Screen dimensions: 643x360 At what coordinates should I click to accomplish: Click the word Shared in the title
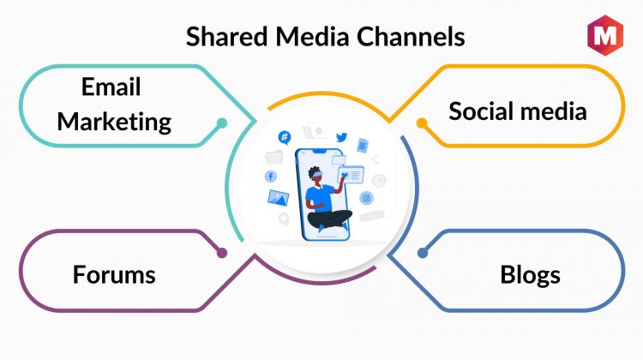pyautogui.click(x=227, y=36)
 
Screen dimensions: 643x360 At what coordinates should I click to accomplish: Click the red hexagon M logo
pyautogui.click(x=605, y=35)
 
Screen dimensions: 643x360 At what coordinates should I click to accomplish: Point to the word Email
pyautogui.click(x=111, y=87)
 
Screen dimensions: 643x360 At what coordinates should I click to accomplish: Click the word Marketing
pyautogui.click(x=114, y=123)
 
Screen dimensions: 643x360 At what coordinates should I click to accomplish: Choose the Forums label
pyautogui.click(x=114, y=274)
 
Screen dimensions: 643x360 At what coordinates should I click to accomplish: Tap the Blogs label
pyautogui.click(x=530, y=275)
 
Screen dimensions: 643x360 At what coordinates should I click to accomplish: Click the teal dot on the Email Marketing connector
pyautogui.click(x=222, y=123)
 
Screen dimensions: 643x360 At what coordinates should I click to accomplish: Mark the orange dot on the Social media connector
pyautogui.click(x=422, y=123)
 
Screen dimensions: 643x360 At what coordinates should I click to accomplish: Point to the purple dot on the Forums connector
pyautogui.click(x=222, y=253)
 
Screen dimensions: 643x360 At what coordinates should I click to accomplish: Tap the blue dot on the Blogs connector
pyautogui.click(x=423, y=253)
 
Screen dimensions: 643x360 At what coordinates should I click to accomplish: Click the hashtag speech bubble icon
pyautogui.click(x=284, y=137)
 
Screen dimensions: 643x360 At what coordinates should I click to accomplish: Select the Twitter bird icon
pyautogui.click(x=341, y=137)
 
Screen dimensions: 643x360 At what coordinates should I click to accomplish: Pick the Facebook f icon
pyautogui.click(x=271, y=177)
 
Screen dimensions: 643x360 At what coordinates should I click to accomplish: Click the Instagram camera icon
pyautogui.click(x=366, y=199)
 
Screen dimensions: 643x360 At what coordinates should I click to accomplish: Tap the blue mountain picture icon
pyautogui.click(x=278, y=198)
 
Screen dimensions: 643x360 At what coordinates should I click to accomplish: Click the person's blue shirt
pyautogui.click(x=319, y=198)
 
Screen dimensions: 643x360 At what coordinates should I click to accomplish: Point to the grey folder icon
pyautogui.click(x=273, y=158)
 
